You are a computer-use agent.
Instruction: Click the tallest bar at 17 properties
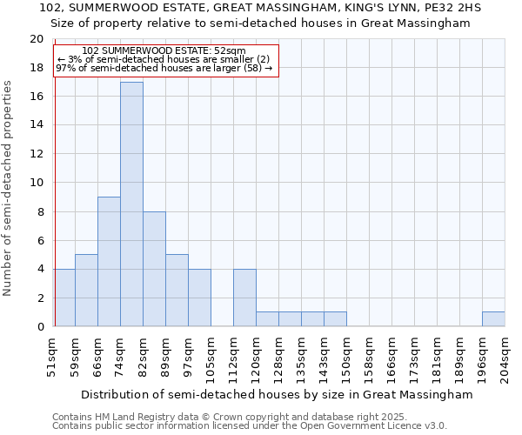[x=131, y=204]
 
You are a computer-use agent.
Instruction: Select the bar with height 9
[x=109, y=262]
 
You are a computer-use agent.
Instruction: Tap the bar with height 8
[x=154, y=269]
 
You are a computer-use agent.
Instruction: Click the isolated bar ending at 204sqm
[x=493, y=319]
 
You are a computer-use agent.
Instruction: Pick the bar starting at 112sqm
[x=244, y=298]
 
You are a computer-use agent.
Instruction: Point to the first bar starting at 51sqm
[x=64, y=298]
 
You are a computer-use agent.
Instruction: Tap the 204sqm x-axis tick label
[x=505, y=357]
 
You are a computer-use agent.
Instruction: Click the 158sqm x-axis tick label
[x=369, y=357]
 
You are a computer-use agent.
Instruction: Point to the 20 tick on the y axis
[x=37, y=39]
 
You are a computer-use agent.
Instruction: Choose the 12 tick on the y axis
[x=37, y=154]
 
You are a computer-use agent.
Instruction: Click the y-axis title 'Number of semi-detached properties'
[x=9, y=188]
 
